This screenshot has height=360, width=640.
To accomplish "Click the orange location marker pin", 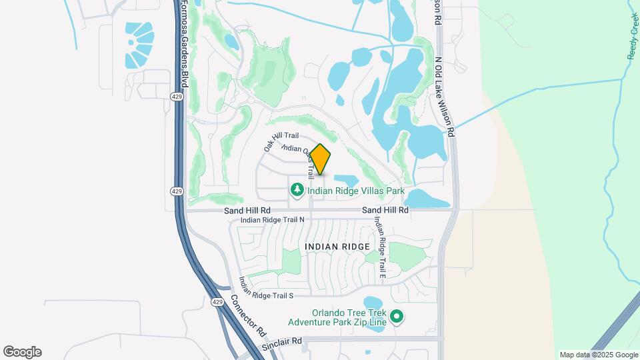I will coord(321,159).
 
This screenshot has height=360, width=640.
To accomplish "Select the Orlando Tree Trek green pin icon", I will coord(397,317).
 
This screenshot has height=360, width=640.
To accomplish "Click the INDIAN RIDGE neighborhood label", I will coord(337,247).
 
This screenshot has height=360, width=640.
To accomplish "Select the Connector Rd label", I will coord(249,314).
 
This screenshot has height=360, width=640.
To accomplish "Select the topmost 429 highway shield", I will coord(176,97).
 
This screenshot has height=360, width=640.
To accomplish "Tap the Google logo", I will coord(22,351).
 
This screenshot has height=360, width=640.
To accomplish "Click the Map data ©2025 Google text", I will coord(598,355).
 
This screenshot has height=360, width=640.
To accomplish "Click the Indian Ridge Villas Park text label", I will coord(356,191).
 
